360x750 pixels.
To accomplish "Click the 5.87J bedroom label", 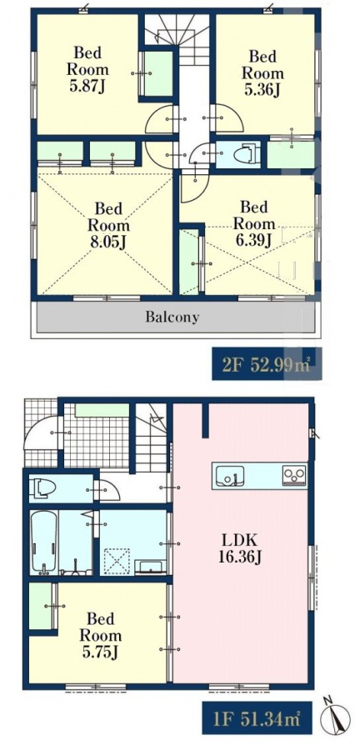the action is (x=87, y=69).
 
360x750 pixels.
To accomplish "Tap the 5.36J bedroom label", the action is (x=262, y=73).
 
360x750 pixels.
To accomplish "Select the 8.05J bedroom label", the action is (x=108, y=225).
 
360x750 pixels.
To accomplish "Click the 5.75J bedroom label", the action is (x=100, y=635).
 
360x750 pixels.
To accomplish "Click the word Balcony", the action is (x=172, y=317).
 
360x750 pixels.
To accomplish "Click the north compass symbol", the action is (x=335, y=717).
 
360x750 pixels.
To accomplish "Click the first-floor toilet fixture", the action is (x=42, y=487).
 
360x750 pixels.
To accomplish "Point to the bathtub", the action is (x=44, y=542).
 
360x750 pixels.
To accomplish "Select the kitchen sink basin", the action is (x=230, y=475).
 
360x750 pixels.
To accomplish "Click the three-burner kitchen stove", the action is (x=294, y=475).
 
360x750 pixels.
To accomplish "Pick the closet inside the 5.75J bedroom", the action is (x=41, y=606).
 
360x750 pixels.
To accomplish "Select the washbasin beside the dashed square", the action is (x=150, y=567).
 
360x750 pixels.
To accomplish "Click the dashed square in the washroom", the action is (x=117, y=561).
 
